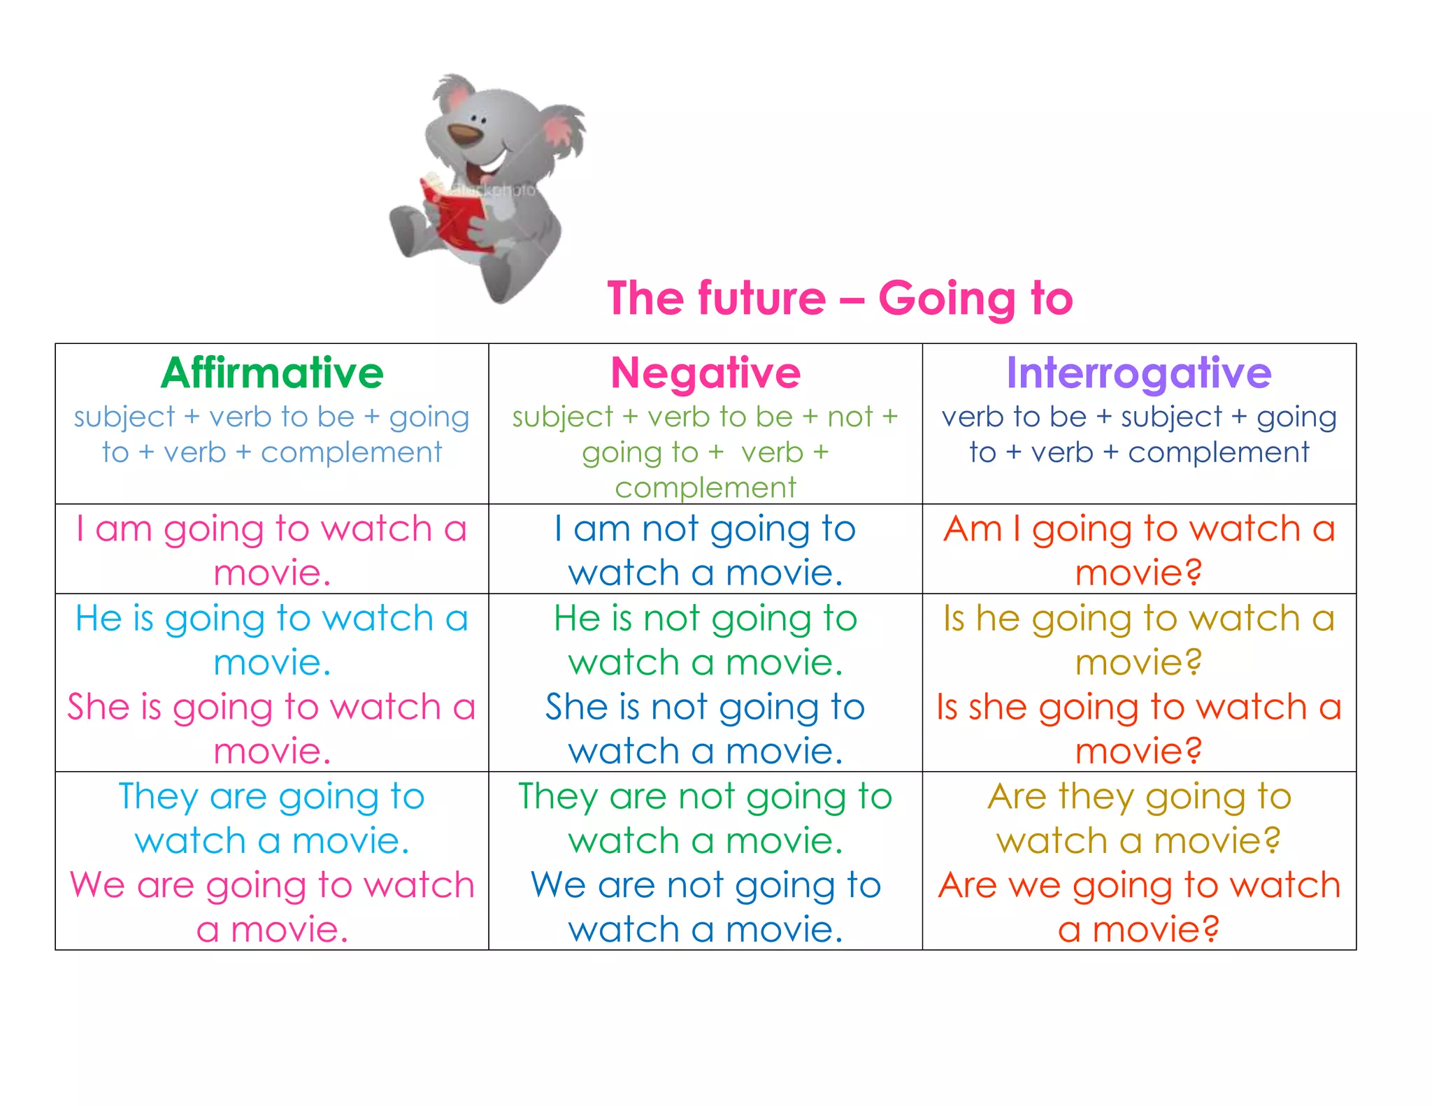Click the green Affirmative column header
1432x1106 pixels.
click(272, 373)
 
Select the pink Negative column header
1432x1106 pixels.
click(706, 373)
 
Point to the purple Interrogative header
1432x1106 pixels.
click(1138, 373)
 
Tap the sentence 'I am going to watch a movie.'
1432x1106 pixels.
click(272, 550)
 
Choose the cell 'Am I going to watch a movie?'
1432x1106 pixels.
click(1139, 550)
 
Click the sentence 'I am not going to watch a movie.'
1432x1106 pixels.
click(706, 550)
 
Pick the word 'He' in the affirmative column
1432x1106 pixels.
click(99, 619)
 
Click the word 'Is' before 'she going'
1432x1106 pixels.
click(947, 707)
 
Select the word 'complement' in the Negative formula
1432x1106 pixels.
click(706, 488)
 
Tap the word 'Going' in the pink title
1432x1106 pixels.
click(946, 299)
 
